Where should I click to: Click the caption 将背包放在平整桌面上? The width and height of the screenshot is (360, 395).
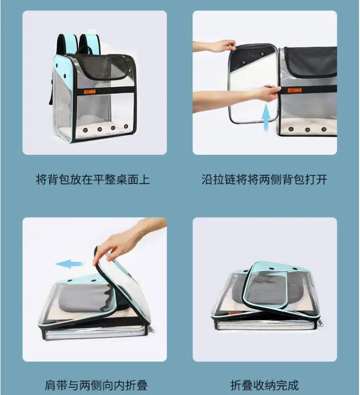tap(93, 180)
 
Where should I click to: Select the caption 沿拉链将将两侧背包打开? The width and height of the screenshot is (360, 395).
tap(264, 180)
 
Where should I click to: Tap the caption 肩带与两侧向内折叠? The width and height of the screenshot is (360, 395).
tap(96, 385)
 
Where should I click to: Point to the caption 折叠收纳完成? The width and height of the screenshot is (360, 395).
tap(264, 385)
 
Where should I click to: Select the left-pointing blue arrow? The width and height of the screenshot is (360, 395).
tap(70, 264)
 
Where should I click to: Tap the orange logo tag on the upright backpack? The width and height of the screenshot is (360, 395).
tap(89, 91)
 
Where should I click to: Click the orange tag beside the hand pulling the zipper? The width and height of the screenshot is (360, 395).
tap(295, 90)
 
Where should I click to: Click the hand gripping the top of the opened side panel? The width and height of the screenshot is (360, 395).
tap(216, 46)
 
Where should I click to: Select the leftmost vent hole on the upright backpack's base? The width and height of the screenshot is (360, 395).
tap(85, 130)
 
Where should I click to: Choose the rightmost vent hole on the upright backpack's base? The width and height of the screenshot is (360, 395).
tap(126, 126)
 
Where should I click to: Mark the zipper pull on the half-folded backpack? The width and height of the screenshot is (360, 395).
tap(151, 330)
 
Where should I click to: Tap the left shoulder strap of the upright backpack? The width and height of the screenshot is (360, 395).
tap(67, 44)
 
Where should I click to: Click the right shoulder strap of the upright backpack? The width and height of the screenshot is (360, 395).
tap(90, 44)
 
